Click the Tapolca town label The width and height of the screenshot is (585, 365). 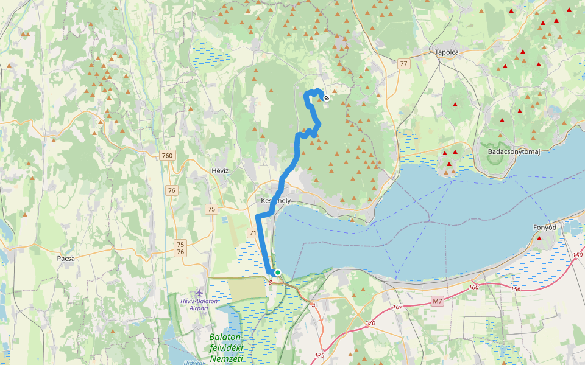click(447, 52)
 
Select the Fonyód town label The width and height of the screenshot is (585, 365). click(544, 228)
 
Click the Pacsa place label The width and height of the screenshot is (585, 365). click(65, 258)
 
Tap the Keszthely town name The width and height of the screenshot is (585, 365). click(275, 201)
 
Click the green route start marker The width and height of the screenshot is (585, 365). click(278, 273)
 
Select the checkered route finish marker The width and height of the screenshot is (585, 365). click(327, 98)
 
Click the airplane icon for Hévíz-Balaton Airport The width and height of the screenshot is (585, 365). click(199, 293)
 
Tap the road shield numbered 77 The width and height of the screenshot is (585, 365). click(403, 63)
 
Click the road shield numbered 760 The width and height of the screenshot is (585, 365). click(168, 156)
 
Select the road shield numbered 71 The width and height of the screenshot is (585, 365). click(253, 233)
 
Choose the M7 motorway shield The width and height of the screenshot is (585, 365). click(438, 301)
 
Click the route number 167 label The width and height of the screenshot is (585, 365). click(397, 307)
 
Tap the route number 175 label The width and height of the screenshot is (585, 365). click(320, 355)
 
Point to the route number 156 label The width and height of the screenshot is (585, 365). click(516, 289)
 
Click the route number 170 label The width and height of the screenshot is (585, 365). click(370, 323)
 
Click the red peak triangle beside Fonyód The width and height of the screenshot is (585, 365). click(539, 238)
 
